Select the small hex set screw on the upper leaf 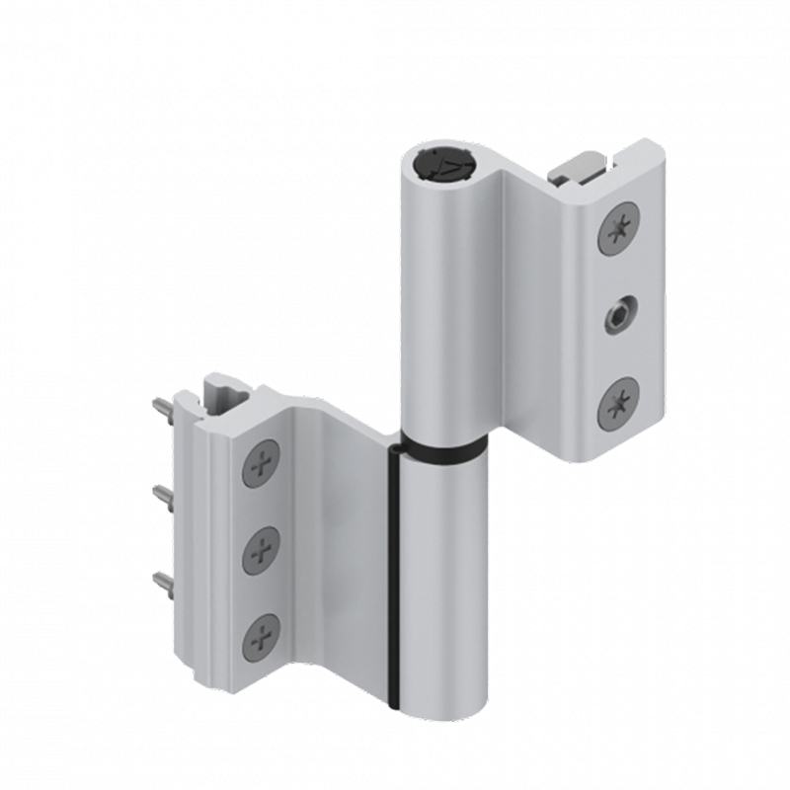coord(617,316)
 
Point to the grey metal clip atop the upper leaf coord(577,167)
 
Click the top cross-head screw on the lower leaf coord(261,462)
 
